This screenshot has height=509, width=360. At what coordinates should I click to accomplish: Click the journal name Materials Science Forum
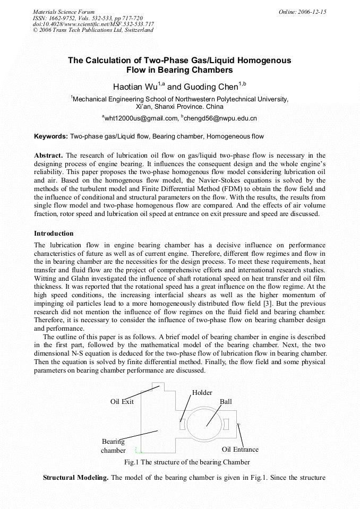(x=64, y=12)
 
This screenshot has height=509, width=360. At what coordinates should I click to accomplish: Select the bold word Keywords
(x=51, y=136)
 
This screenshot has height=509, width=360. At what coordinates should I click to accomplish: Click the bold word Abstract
(x=48, y=156)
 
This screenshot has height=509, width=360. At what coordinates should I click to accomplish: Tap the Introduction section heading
(x=54, y=234)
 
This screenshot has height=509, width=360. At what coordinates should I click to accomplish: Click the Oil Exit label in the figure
(x=122, y=401)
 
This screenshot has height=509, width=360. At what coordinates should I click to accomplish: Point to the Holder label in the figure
(x=202, y=393)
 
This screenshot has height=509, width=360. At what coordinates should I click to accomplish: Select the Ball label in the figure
(x=226, y=402)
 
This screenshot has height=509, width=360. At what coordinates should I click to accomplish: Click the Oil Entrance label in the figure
(x=240, y=450)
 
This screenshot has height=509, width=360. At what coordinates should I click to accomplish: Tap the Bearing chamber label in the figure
(x=113, y=446)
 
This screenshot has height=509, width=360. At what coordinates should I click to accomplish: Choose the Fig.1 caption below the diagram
(x=187, y=462)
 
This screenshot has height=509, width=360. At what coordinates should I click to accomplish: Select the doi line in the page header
(x=93, y=24)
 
